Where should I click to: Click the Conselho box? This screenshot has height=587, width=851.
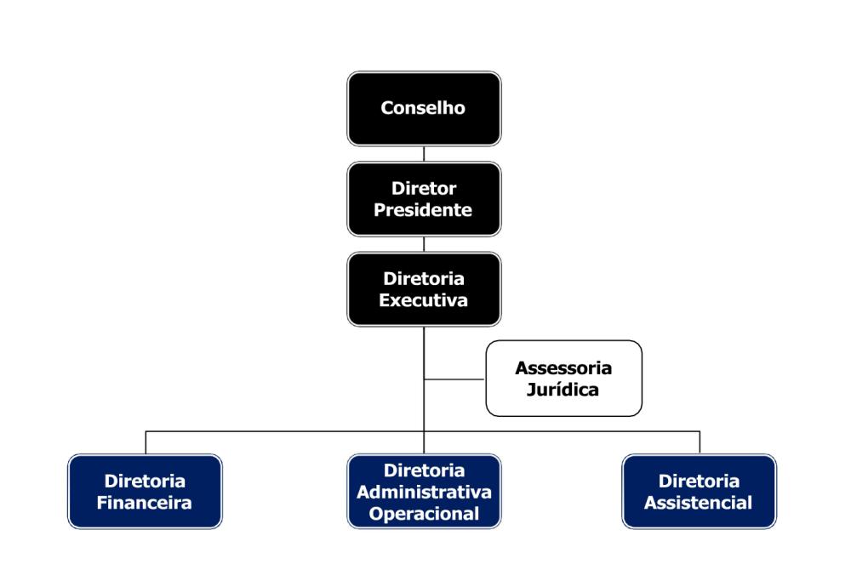point(424,108)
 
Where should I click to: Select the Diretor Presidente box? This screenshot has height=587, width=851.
point(424,198)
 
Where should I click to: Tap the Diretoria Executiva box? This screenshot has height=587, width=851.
point(424,289)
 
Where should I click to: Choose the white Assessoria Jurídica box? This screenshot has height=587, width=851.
point(563,379)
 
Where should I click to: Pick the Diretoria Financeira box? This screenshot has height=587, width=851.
point(145,492)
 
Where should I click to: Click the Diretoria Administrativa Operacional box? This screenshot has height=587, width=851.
point(424,492)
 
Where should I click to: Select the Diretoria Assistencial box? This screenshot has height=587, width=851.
point(699,492)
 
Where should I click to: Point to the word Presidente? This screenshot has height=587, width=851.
point(424,209)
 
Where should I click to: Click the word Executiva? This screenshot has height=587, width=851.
point(424,300)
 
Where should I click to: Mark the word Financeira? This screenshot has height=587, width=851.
point(145,503)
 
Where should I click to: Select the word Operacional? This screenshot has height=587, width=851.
point(424,514)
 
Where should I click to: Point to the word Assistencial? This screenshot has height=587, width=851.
point(699,503)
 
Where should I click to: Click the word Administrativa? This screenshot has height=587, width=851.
point(424,492)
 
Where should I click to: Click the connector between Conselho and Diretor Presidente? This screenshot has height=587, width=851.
point(424,154)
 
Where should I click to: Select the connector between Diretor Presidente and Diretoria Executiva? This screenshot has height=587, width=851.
point(424,244)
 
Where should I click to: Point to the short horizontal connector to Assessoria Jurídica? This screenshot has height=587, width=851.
point(454,379)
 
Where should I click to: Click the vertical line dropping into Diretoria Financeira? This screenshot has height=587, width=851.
point(146,442)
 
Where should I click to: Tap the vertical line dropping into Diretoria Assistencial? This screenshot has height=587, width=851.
point(700,442)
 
